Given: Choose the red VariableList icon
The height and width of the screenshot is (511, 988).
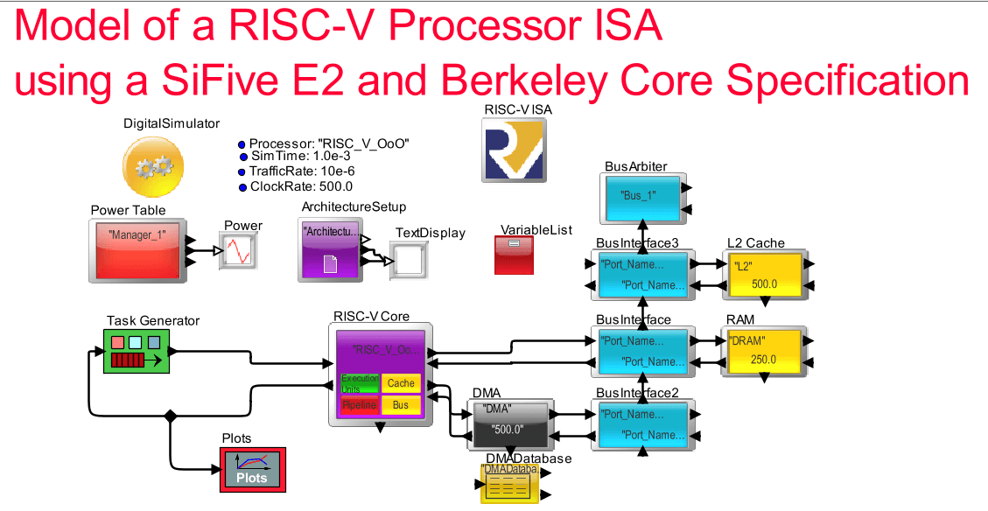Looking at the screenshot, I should coord(515,255).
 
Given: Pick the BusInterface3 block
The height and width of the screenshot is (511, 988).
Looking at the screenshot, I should coord(643,273).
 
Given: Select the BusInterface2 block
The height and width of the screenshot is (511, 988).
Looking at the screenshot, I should coord(643,424).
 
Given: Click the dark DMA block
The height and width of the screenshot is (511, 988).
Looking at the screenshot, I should coord(508,423).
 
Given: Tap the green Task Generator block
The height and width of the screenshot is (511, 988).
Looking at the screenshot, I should coord(136,351).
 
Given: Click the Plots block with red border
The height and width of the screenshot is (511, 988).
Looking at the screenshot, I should coord(252,470).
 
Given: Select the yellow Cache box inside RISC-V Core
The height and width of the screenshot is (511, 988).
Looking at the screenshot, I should coord(401,383).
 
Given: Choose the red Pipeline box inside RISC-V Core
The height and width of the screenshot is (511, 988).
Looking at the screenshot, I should coord(359,405).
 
